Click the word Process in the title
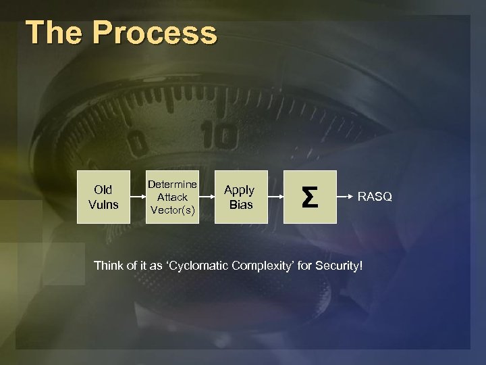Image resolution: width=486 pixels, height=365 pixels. point(155,33)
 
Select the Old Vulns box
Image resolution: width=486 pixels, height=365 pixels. point(103,197)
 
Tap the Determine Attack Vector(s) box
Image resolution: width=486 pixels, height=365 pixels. point(172,197)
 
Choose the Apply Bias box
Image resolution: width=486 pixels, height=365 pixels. point(240,197)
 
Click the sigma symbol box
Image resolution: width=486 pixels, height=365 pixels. point(309,197)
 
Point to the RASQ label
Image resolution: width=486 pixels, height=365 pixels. point(375,197)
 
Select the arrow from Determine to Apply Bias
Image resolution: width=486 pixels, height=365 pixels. point(206,197)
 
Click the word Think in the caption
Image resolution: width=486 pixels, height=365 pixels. point(109,266)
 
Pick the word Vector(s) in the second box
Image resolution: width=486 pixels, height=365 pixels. point(172,210)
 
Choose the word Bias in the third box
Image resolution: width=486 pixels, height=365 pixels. point(240,204)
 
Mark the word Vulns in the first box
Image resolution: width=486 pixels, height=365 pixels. point(103,204)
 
